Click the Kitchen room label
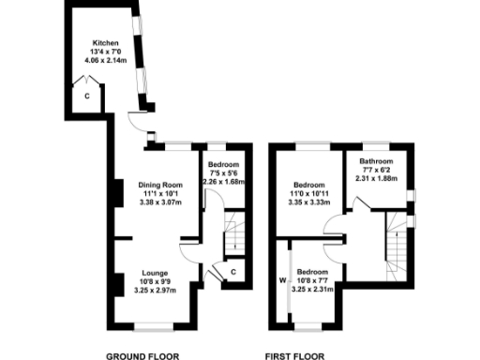point(105,43)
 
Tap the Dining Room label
point(159,185)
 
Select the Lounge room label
point(155,273)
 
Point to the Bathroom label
point(374,162)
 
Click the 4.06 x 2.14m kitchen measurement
point(105,60)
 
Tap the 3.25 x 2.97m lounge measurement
point(155,290)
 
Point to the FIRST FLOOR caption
point(294,356)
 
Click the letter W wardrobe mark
point(280,279)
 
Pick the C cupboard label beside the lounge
point(232,272)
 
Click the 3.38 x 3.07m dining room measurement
point(159,202)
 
